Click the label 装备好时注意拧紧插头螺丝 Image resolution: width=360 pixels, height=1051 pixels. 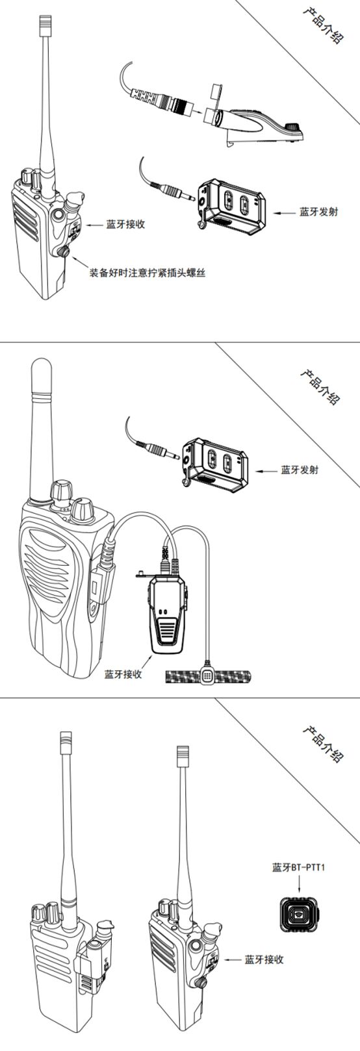(148, 273)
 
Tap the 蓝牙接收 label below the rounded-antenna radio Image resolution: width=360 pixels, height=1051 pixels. (123, 674)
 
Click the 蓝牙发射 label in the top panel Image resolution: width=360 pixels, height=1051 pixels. (318, 212)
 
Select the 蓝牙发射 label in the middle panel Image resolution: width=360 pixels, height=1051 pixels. (300, 470)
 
